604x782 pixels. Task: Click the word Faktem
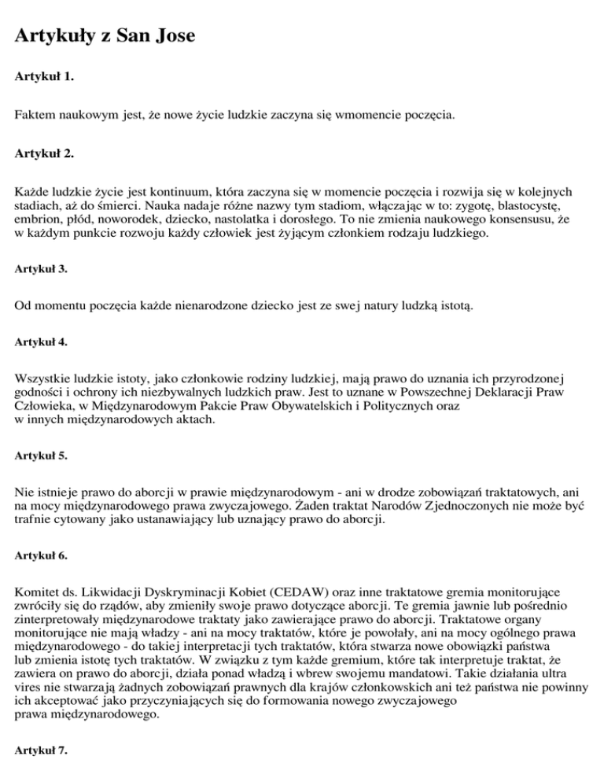click(36, 116)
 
